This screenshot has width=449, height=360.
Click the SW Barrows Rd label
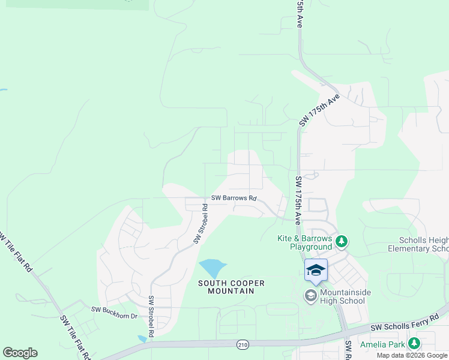[x=234, y=198]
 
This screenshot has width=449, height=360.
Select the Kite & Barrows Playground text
[x=304, y=242]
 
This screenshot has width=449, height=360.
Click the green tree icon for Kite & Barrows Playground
[x=342, y=242]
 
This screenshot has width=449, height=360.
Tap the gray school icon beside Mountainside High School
[x=310, y=295]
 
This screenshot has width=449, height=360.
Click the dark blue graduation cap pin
[x=316, y=271]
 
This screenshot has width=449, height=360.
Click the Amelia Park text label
[x=382, y=344]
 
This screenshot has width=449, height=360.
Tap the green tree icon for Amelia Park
[x=413, y=344]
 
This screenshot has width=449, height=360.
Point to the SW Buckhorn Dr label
[x=114, y=310]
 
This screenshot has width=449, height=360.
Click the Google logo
[x=20, y=353]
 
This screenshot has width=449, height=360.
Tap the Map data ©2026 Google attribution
[x=412, y=355]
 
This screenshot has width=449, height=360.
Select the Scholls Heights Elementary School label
[x=418, y=244]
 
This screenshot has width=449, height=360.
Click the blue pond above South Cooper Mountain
[x=212, y=267]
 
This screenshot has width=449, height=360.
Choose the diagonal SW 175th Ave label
[x=320, y=109]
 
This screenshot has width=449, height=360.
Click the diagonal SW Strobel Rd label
[x=200, y=223]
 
